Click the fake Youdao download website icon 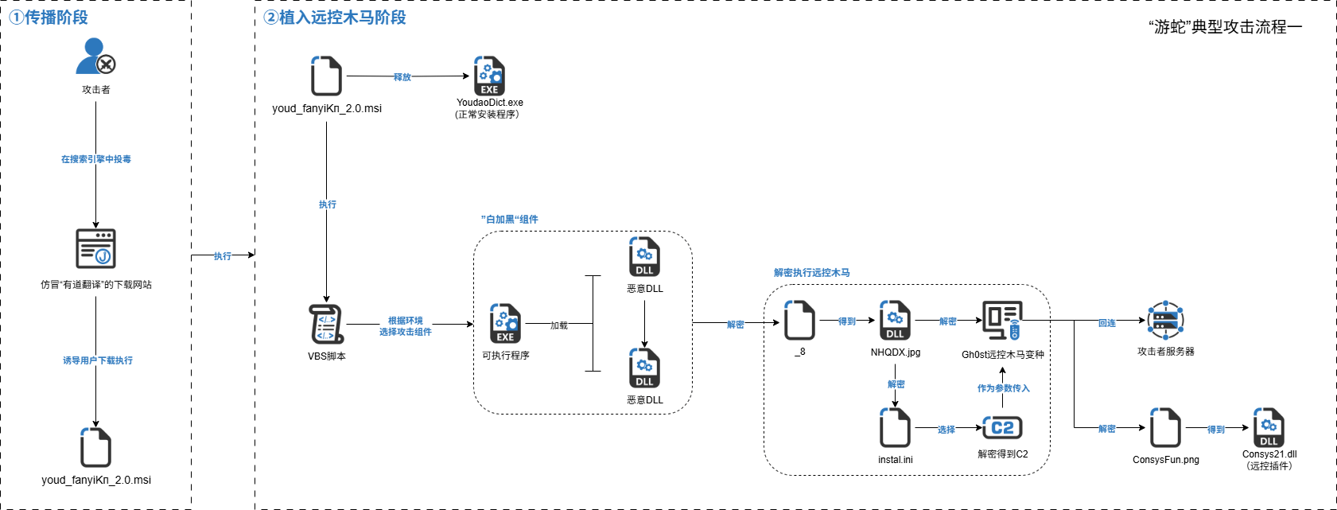(x=95, y=248)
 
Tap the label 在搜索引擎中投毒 (x=96, y=159)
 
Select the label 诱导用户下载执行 (x=98, y=360)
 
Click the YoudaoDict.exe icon (x=489, y=76)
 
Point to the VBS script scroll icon (x=326, y=325)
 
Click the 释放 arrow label (x=402, y=77)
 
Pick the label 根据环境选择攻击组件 (x=406, y=326)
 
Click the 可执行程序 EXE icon (x=505, y=324)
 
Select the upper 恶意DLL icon (x=644, y=257)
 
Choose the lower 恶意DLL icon (x=644, y=368)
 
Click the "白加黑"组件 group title (x=510, y=220)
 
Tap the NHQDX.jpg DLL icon (x=895, y=321)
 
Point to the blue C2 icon (x=1002, y=428)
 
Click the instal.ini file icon (x=895, y=428)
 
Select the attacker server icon (x=1165, y=321)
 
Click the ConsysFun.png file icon (x=1165, y=428)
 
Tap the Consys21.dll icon (x=1269, y=428)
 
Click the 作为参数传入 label (x=1003, y=388)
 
